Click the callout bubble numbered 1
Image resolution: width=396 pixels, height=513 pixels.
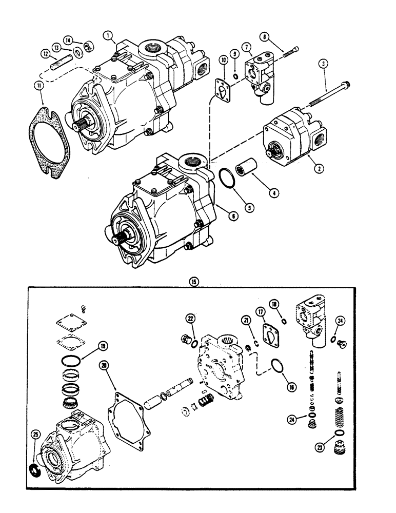pos(108,35)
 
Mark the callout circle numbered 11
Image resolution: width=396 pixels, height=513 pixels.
pos(39,88)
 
